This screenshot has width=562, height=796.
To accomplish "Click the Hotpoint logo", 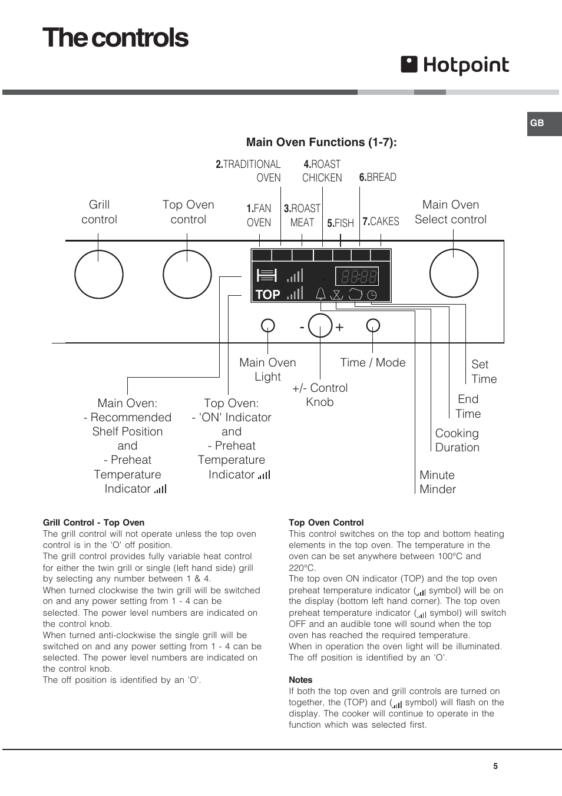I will coord(455,65).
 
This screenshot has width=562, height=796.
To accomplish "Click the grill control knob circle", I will coord(99,275).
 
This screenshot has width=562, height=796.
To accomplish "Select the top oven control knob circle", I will coord(187,275).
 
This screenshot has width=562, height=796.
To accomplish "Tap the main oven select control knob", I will coord(454,273).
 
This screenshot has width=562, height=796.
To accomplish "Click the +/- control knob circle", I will coord(320,325).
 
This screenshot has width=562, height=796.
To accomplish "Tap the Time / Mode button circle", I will coord(373,325).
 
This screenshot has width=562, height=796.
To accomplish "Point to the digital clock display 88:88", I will coord(357,276).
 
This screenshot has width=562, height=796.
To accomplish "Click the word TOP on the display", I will coord(267,295).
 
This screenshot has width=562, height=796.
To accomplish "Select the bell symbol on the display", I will coord(320,293).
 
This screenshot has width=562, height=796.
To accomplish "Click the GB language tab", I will coord(537,123).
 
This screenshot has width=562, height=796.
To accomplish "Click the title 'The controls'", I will coord(115,38).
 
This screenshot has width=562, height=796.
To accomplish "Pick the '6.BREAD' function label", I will coord(378,177).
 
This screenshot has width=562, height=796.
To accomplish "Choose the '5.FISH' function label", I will coord(340,223).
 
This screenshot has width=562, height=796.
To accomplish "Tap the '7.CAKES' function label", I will coord(381,222).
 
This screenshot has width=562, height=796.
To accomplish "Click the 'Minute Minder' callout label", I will coord(437,482).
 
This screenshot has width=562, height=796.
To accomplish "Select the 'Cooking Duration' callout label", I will coord(457,440).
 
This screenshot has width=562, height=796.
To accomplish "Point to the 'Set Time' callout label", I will coord(484,372).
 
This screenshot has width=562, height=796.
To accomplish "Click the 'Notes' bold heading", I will coord(300,680).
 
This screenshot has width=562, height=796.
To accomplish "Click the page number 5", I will coord(495,766).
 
